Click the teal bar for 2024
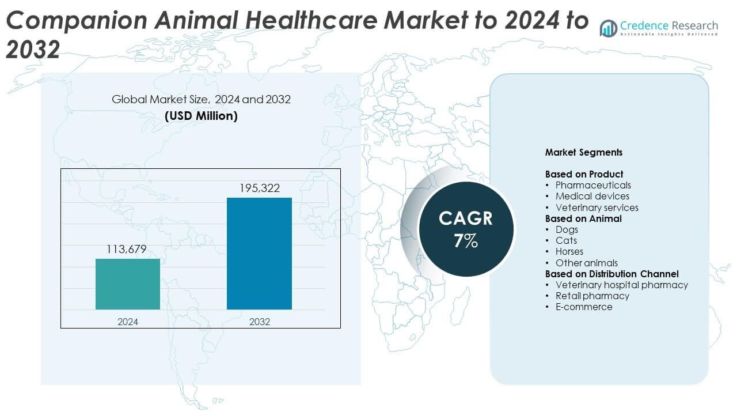tap(128, 284)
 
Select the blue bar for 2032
tap(259, 254)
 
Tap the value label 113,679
tap(127, 250)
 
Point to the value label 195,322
tap(259, 188)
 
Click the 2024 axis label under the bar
tap(128, 322)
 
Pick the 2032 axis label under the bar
tap(260, 322)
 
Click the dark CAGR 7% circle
tap(465, 229)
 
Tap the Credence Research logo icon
tap(608, 28)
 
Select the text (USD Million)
tap(201, 115)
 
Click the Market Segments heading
tap(584, 153)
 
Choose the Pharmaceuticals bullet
tap(593, 185)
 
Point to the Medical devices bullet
tap(592, 197)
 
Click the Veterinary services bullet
tap(597, 207)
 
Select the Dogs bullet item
tap(567, 229)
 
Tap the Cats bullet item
tap(566, 240)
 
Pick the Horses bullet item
tap(569, 251)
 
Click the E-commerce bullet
tap(584, 307)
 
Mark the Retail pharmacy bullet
tap(592, 296)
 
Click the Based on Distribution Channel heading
tap(612, 274)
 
